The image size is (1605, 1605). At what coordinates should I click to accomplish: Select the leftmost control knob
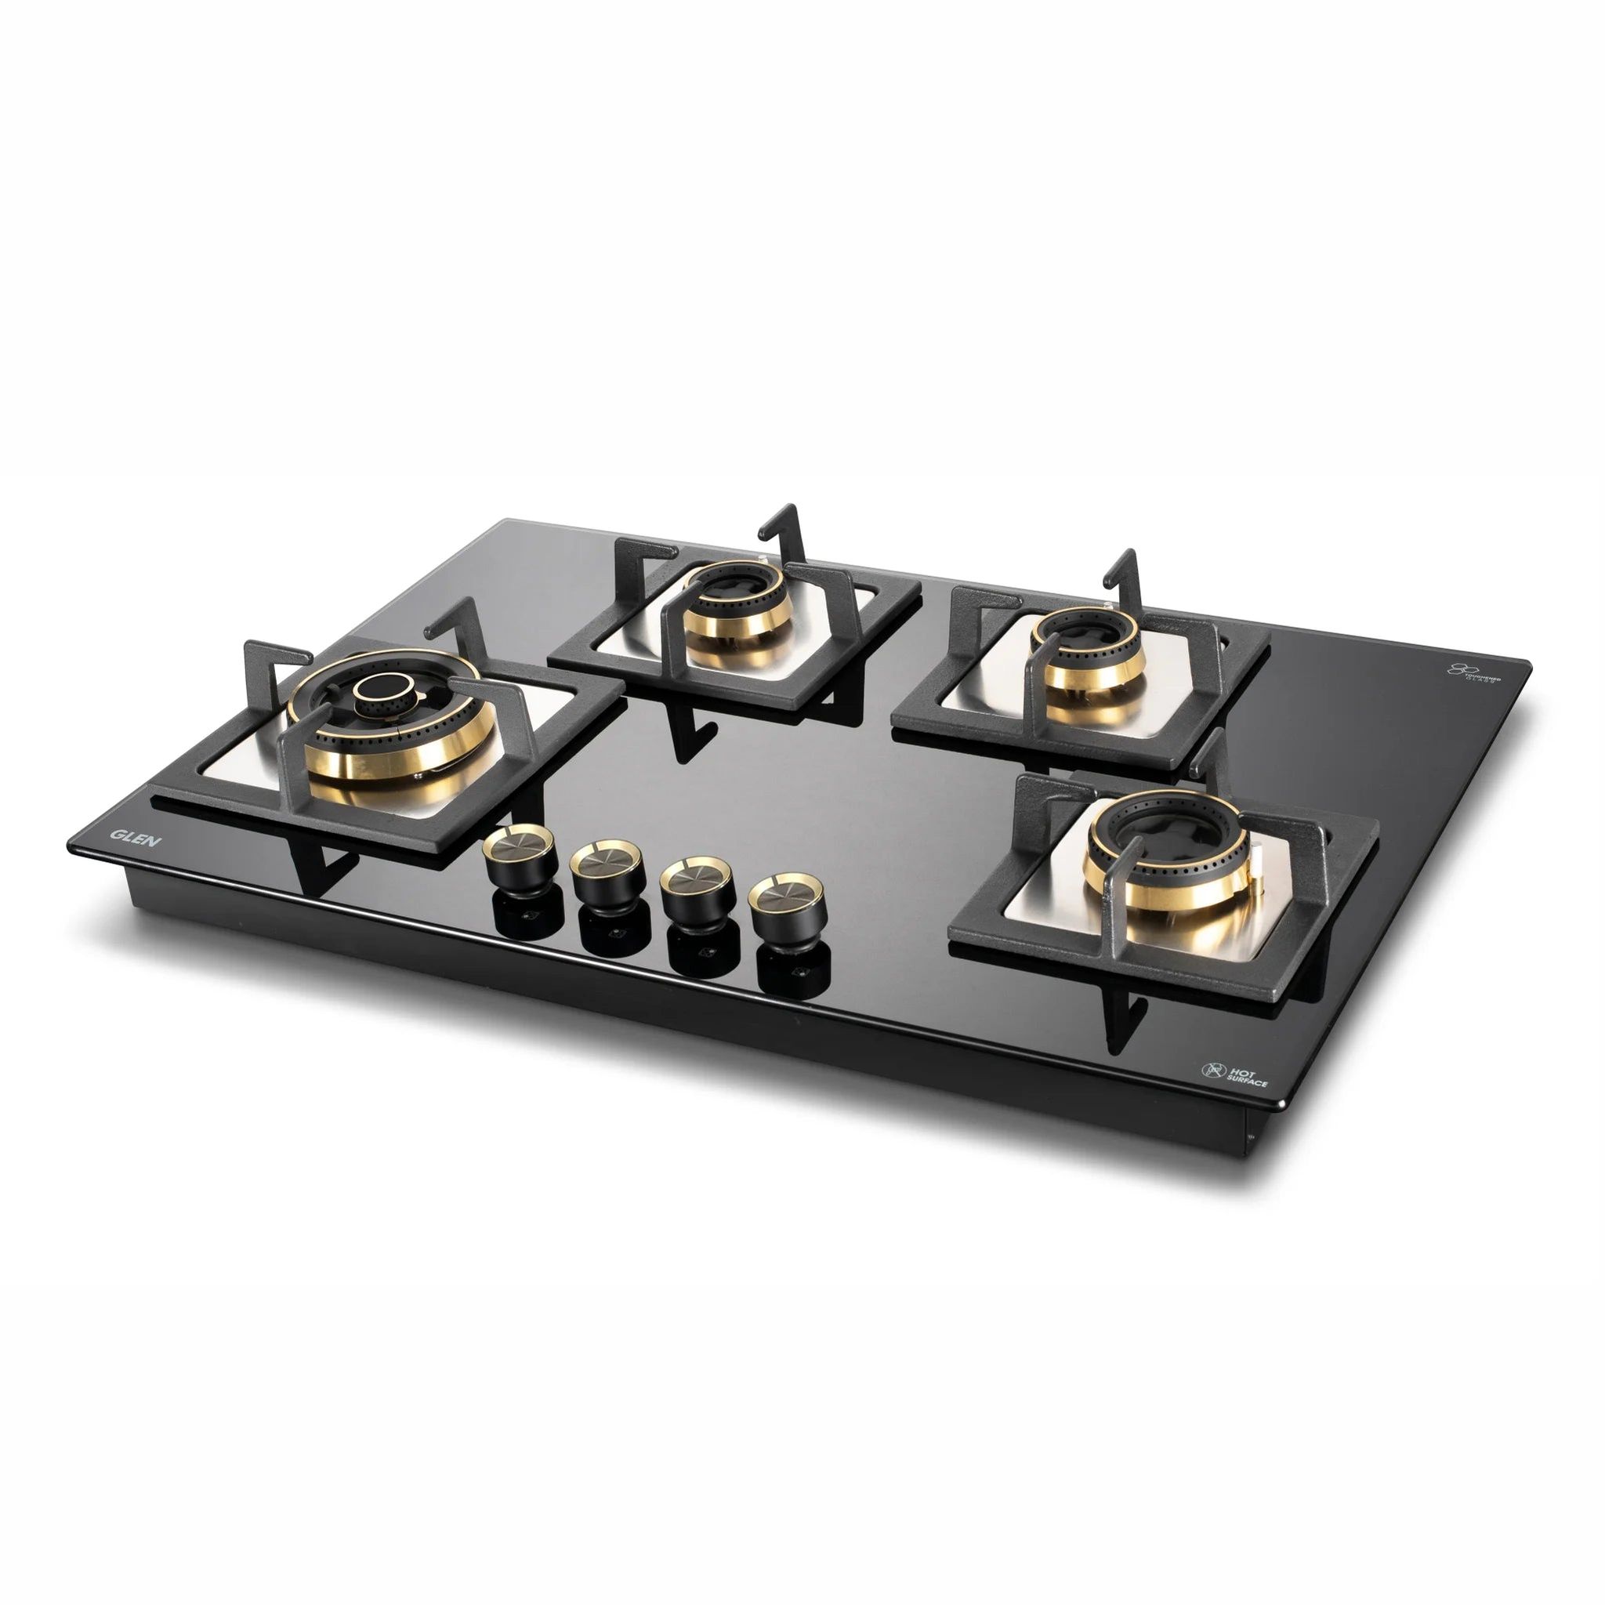pyautogui.click(x=522, y=855)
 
